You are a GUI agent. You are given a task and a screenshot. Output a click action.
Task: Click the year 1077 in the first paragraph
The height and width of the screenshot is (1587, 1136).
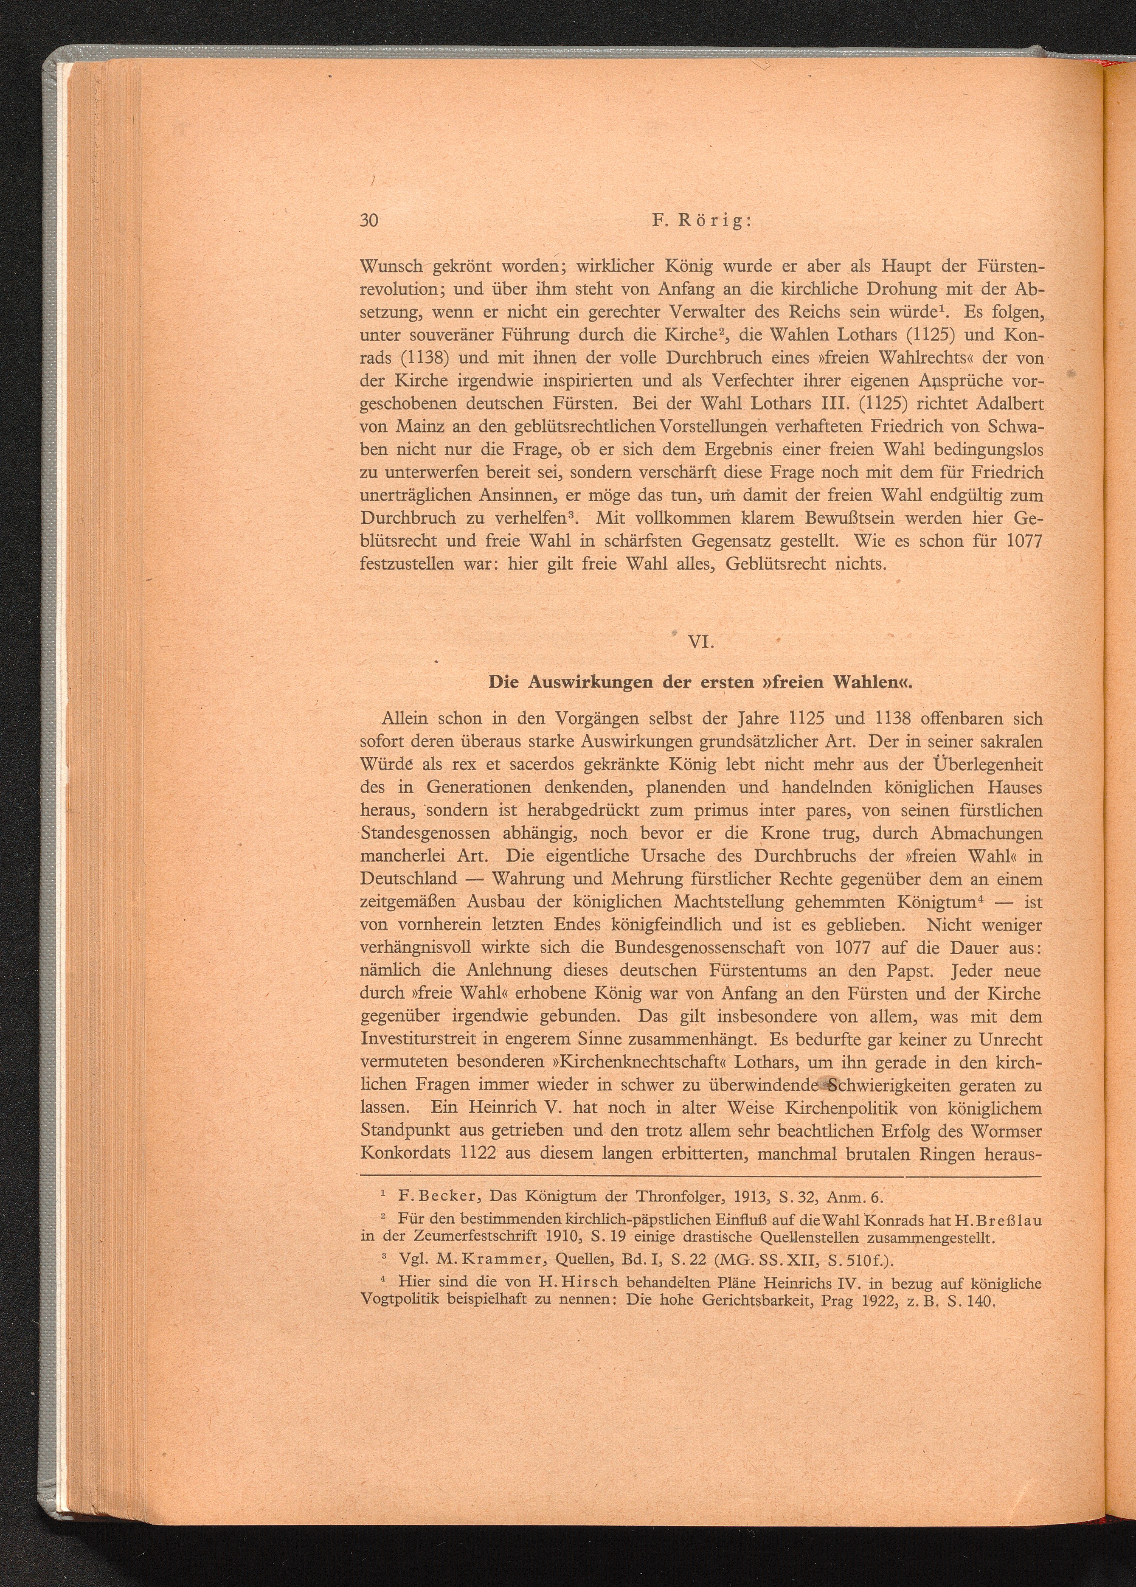pyautogui.click(x=1024, y=541)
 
